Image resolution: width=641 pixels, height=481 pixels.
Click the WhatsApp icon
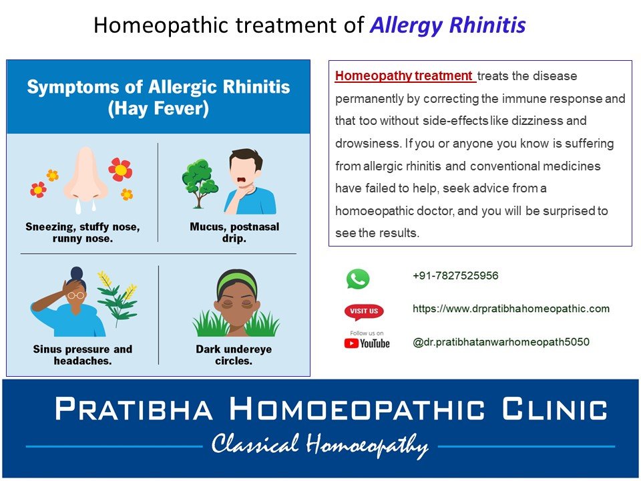coord(358,279)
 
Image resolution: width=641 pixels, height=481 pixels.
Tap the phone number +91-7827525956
coord(455,276)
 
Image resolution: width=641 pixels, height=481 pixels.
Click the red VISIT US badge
coord(364,311)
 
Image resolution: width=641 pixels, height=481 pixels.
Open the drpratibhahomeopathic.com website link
coord(511,309)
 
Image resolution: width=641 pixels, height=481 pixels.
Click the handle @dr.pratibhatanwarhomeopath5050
coord(501,342)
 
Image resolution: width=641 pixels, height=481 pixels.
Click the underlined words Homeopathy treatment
coord(404,75)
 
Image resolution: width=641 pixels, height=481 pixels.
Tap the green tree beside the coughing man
coord(200,183)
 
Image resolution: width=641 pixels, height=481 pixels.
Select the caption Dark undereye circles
coord(234,355)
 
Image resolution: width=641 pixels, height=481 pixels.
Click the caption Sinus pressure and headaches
coord(83,355)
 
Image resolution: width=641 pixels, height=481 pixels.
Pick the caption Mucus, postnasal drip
coord(234,232)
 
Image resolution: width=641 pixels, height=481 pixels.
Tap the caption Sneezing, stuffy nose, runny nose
coord(83,232)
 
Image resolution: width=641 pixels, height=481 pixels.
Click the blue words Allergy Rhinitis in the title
coord(447,25)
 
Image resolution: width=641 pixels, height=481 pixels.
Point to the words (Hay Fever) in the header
coord(158,109)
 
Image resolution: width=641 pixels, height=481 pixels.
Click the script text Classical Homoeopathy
coord(320,445)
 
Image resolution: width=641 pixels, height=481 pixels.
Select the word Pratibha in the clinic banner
coord(134,409)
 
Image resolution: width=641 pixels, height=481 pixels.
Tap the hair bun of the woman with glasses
coord(76,273)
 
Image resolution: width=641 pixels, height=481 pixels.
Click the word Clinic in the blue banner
coord(555,409)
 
